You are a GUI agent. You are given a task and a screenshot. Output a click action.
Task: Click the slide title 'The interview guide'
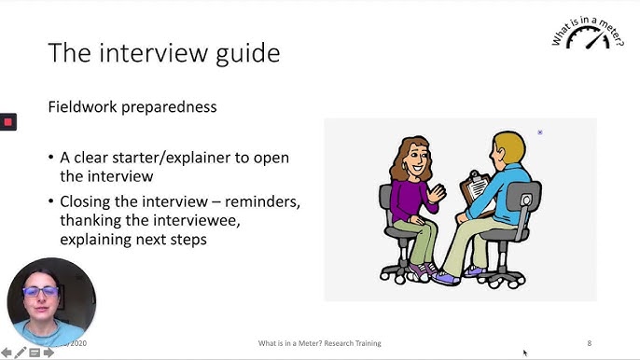163,52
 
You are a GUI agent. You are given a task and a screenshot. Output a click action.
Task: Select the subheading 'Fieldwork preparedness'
132,107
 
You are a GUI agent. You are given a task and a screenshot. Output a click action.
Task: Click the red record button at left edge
7,122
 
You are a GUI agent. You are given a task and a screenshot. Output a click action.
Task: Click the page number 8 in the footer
589,343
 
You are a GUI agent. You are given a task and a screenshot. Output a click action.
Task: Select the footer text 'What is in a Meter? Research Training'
320,343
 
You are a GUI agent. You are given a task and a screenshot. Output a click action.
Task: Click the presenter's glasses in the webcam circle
42,291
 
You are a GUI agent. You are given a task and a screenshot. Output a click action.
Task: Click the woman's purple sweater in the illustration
408,200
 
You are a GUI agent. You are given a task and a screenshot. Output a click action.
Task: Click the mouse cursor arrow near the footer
525,353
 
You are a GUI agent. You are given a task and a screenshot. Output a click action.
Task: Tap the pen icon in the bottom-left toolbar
21,353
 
